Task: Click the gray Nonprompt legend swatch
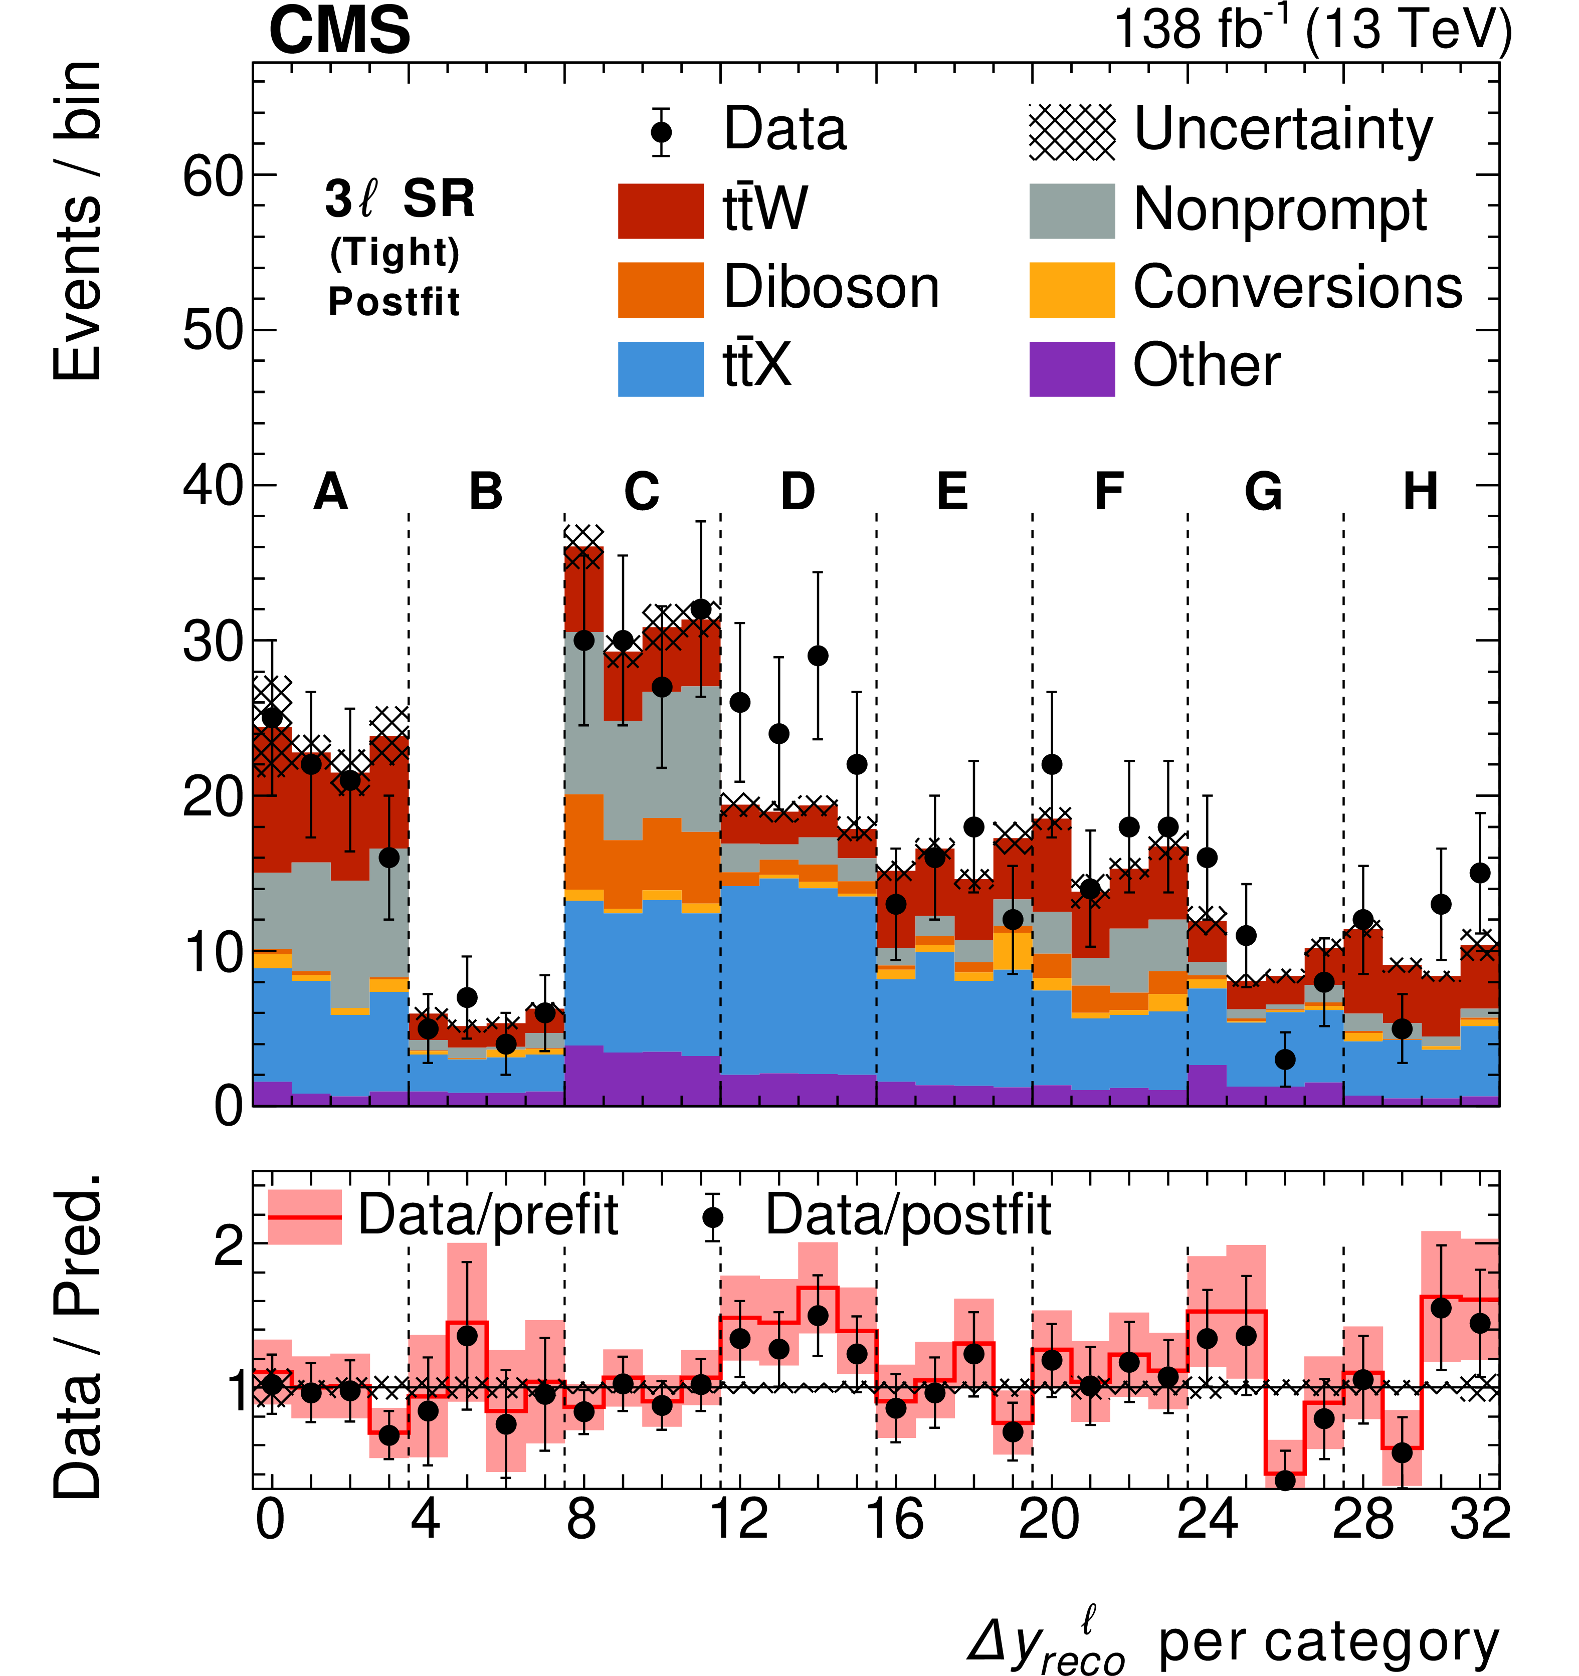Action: click(x=1072, y=211)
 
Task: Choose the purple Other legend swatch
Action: click(x=1072, y=368)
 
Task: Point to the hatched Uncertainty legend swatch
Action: click(x=1072, y=132)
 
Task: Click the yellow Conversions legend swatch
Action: click(x=1072, y=290)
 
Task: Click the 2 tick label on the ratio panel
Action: click(x=229, y=1246)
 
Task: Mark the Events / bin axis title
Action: click(x=78, y=221)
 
